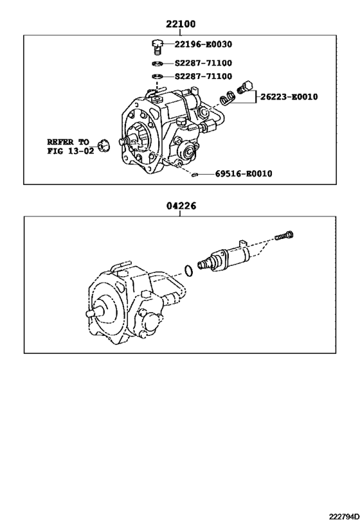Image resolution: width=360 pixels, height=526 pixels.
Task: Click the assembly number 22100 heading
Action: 181,24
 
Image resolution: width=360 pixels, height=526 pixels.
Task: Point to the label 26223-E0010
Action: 289,97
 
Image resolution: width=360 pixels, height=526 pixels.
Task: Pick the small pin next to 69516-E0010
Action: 194,173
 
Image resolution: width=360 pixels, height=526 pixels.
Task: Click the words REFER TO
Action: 67,141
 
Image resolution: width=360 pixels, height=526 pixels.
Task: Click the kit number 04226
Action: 181,206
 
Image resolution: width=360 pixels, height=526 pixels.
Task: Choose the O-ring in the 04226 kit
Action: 187,270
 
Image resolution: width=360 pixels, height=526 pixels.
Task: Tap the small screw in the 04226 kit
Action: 285,236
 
